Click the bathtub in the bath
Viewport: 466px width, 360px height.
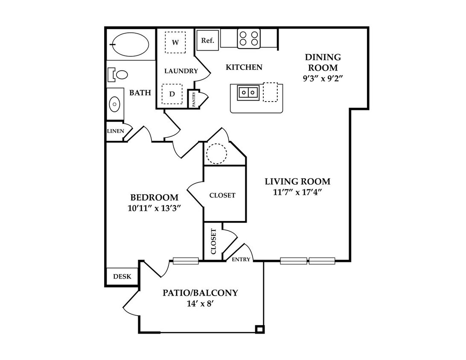(x=130, y=44)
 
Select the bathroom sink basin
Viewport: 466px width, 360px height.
(x=114, y=104)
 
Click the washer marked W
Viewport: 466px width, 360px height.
(x=175, y=42)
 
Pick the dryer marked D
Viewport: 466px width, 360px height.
(x=172, y=94)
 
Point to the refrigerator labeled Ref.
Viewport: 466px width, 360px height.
(x=208, y=40)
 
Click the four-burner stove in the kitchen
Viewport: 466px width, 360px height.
(x=249, y=38)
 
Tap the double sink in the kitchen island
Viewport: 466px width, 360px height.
(x=248, y=93)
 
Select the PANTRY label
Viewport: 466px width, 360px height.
(x=193, y=99)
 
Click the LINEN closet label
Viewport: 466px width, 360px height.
(x=115, y=131)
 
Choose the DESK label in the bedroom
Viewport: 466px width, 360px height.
(x=122, y=276)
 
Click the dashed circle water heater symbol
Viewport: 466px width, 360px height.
(x=216, y=154)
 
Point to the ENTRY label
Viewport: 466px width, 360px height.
(x=241, y=259)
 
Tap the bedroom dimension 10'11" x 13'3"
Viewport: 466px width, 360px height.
(x=154, y=208)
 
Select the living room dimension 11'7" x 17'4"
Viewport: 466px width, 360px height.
(x=298, y=192)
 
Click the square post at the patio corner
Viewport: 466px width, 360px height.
(x=260, y=329)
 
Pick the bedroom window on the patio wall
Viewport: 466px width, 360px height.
(x=186, y=261)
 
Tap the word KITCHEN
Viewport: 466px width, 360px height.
(x=244, y=67)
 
